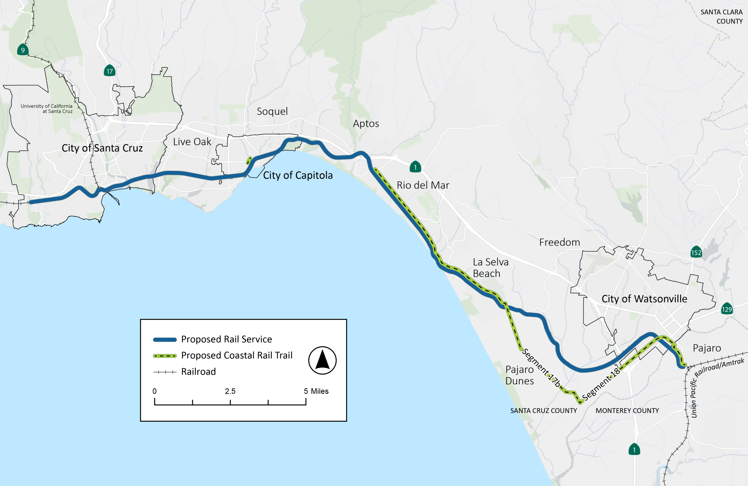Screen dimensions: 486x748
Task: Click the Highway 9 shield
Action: (23, 50)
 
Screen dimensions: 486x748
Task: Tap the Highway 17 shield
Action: (109, 71)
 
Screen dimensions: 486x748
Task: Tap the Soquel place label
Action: (272, 111)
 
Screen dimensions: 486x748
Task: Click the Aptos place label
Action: (366, 124)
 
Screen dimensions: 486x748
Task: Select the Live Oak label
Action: (192, 142)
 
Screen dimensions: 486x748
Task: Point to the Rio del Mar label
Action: (423, 185)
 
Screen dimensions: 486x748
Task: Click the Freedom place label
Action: (559, 242)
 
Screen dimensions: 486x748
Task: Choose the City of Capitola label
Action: (298, 175)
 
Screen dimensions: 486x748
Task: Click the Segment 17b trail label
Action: (541, 368)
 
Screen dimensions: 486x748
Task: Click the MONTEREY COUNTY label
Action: (627, 411)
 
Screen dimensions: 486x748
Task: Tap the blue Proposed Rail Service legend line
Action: (165, 339)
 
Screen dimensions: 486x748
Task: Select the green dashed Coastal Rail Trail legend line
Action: (165, 356)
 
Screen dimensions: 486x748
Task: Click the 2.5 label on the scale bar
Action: (230, 391)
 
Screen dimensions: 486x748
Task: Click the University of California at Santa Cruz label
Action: (46, 108)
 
